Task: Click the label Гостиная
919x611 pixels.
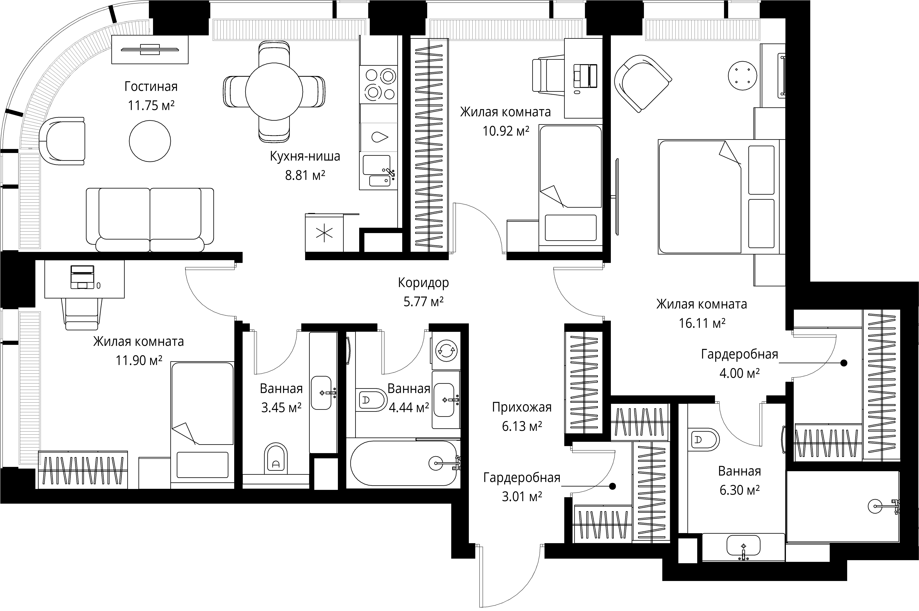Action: (151, 87)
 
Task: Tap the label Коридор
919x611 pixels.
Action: (423, 283)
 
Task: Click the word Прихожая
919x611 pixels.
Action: (522, 407)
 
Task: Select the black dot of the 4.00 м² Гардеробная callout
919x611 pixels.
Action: (844, 363)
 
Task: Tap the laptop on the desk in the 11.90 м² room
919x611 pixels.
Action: (82, 277)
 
